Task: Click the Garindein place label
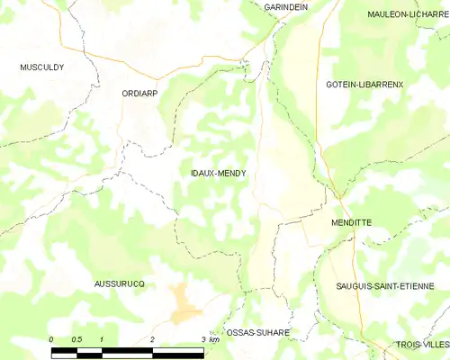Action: click(286, 6)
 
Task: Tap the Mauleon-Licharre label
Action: click(408, 14)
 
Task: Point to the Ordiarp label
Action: click(141, 93)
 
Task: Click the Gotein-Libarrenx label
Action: click(364, 84)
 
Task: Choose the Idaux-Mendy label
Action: click(219, 174)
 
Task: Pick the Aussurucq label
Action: click(120, 283)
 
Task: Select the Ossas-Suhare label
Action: click(257, 332)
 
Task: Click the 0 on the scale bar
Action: click(51, 339)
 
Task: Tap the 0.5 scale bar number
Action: click(76, 339)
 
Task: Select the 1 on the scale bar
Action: click(102, 339)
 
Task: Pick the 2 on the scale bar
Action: click(153, 339)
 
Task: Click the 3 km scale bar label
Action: click(210, 339)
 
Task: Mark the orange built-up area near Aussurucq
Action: click(185, 304)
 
